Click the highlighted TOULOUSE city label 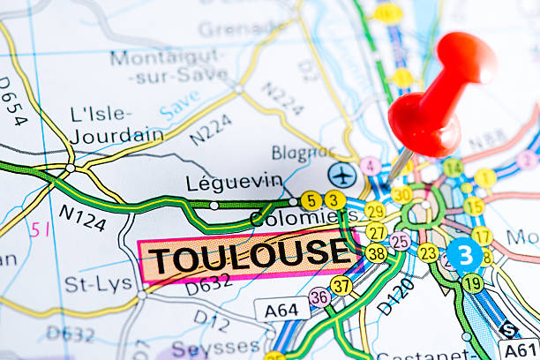pos(248,257)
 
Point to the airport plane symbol pos(342,175)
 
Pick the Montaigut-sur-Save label pos(167,66)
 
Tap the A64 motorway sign pos(281,309)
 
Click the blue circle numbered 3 pos(464,255)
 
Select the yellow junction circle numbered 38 pos(376,253)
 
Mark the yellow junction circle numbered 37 pos(341,286)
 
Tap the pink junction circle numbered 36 pos(319,297)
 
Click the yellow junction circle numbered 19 pos(473,283)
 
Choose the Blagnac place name pos(304,153)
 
